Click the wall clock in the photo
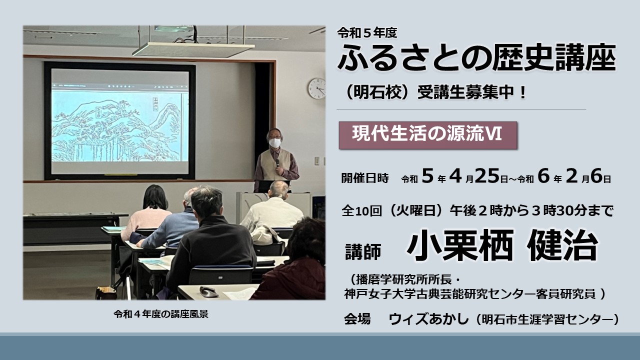[317, 88]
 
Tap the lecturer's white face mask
[275, 142]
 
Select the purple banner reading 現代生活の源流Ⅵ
[428, 135]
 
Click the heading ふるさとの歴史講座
[476, 58]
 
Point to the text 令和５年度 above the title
[367, 33]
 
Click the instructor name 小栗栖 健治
[502, 245]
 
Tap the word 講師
[363, 251]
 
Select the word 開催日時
[365, 178]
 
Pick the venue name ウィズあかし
[428, 318]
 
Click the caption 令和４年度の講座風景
[161, 314]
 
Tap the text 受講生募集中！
[472, 93]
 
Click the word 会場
[357, 319]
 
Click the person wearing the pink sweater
[148, 213]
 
